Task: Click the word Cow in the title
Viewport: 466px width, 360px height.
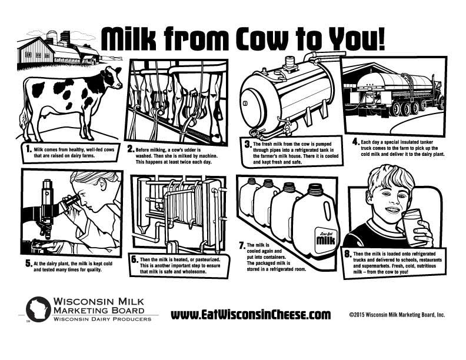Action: coord(263,39)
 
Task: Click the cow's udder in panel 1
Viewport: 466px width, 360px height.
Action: coord(45,112)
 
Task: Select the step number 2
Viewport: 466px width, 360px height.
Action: coord(131,149)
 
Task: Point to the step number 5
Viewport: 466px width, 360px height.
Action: coord(28,264)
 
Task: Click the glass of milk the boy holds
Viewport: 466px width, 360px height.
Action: coord(413,227)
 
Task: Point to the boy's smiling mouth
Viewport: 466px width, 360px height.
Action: coord(393,211)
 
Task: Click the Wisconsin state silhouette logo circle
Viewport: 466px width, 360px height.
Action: coord(38,309)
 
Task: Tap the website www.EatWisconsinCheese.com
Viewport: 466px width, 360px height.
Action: coord(251,314)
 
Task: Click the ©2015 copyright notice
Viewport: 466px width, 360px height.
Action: coord(397,315)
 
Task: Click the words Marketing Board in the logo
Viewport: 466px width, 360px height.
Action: coord(99,311)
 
